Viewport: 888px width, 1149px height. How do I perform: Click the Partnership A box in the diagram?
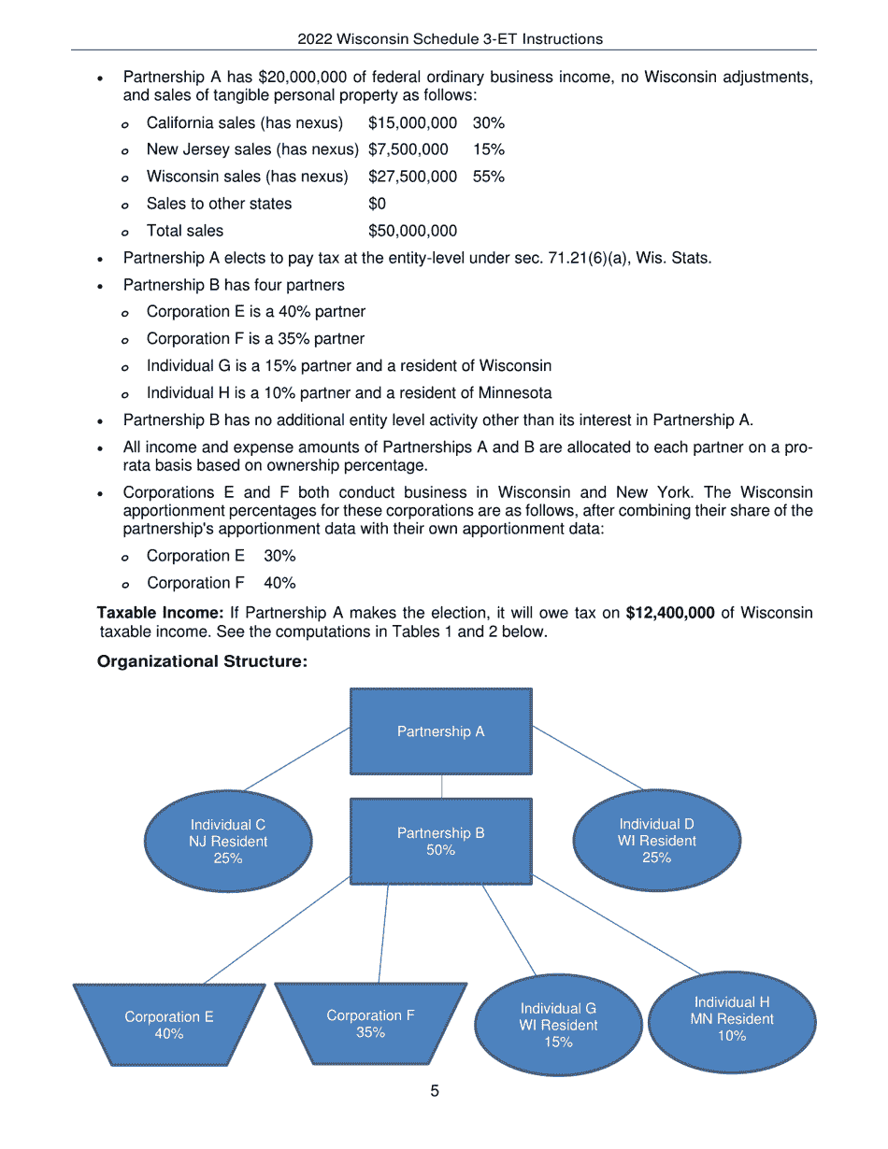(x=440, y=731)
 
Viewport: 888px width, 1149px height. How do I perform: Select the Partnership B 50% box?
(x=440, y=841)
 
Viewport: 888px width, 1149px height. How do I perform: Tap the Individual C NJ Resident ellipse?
(x=228, y=841)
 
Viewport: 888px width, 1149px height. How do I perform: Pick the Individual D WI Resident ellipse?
(x=656, y=841)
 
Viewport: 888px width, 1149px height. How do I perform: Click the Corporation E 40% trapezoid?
(x=169, y=1025)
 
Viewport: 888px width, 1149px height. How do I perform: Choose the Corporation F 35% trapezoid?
(x=370, y=1023)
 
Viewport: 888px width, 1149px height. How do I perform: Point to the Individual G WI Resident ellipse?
(x=558, y=1025)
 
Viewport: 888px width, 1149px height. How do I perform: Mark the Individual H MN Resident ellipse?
(x=732, y=1019)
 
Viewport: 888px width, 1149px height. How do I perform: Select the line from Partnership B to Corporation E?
(x=277, y=930)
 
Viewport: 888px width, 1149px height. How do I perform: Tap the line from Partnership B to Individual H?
(x=617, y=925)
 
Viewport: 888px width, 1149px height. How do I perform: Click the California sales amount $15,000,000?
(x=412, y=122)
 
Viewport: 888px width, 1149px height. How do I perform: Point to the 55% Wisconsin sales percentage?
(x=488, y=177)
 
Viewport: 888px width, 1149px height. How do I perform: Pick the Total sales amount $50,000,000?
(x=412, y=231)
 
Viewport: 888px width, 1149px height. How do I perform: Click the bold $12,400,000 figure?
(x=670, y=613)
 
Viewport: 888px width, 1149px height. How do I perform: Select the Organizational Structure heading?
(x=202, y=662)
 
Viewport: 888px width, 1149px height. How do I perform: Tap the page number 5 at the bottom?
(x=435, y=1091)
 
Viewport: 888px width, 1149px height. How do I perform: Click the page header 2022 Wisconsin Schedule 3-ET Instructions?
(x=450, y=39)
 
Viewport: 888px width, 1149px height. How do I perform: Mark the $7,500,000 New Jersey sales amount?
(x=408, y=149)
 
